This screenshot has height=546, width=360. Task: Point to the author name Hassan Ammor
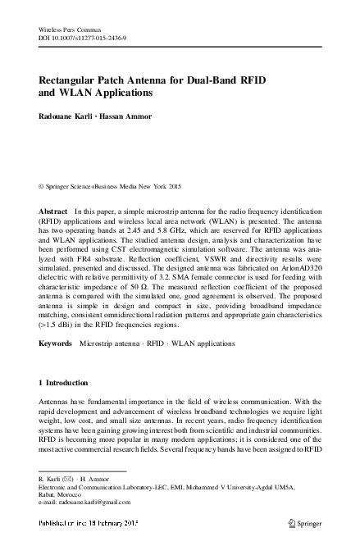[132, 117]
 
